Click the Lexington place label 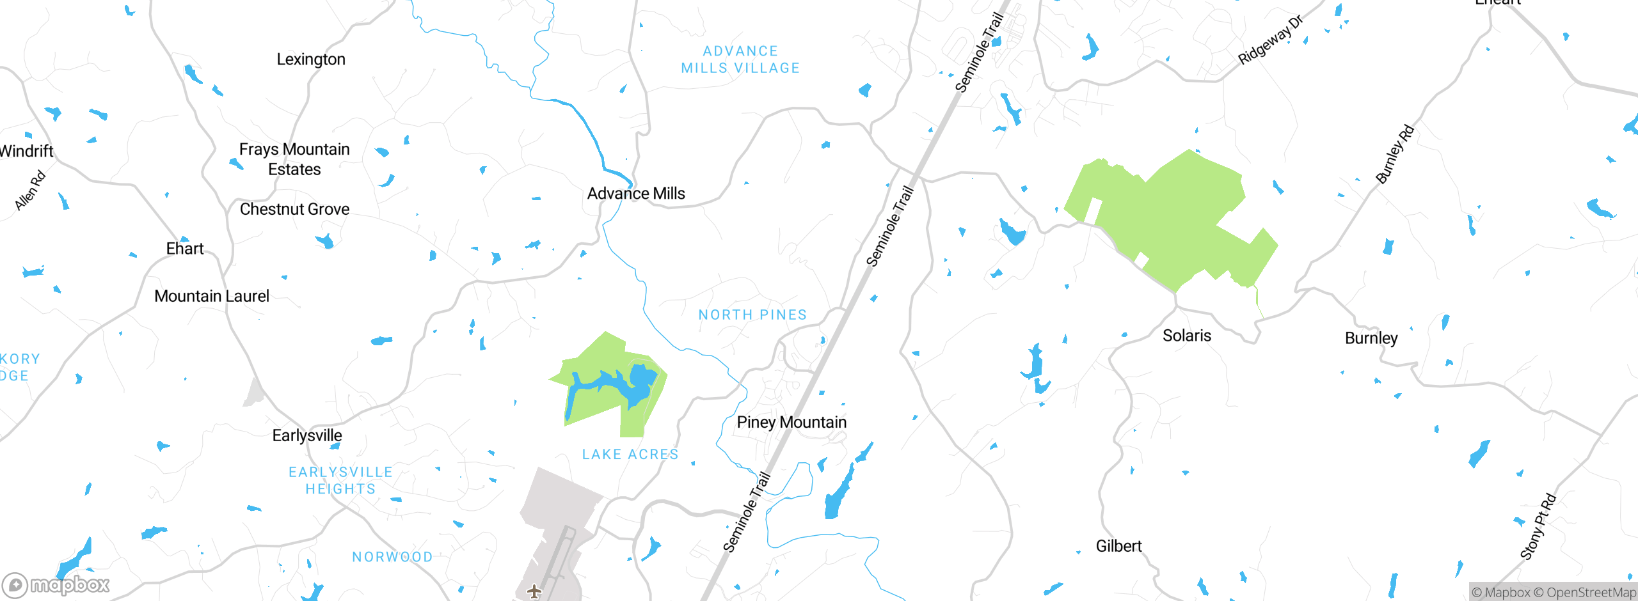[x=311, y=59]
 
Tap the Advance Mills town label [x=636, y=193]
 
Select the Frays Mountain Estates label [x=294, y=159]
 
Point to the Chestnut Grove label [x=294, y=209]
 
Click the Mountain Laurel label [x=212, y=296]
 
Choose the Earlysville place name [x=307, y=435]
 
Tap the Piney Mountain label [x=791, y=422]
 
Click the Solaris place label [x=1187, y=336]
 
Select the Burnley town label [x=1371, y=338]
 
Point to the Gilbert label [x=1118, y=546]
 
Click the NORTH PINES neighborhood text [x=752, y=315]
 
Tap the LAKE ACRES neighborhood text [x=630, y=454]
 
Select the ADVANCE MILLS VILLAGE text [x=740, y=59]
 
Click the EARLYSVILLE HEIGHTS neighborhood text [x=340, y=480]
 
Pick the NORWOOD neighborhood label [x=392, y=557]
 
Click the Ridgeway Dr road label [x=1270, y=40]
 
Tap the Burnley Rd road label [x=1395, y=154]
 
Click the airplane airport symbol [x=534, y=591]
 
